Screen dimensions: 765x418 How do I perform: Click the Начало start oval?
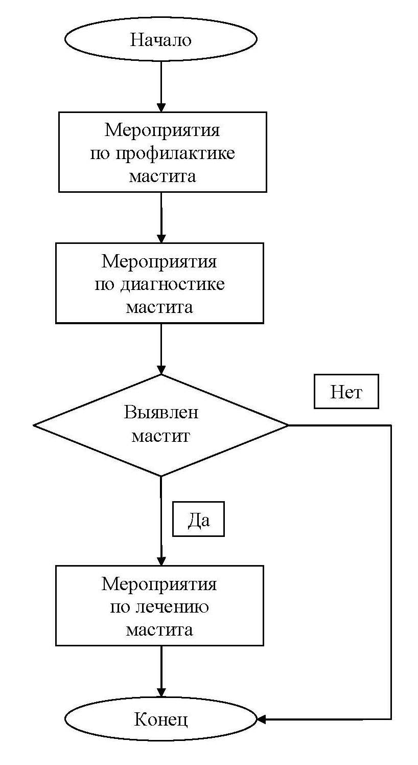(x=160, y=39)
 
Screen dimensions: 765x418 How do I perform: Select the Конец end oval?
(x=160, y=719)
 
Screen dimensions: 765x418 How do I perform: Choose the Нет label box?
(x=346, y=392)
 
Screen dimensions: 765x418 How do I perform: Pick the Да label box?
(x=198, y=519)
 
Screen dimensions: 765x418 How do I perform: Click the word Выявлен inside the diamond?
(x=160, y=413)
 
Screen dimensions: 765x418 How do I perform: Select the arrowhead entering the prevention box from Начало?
(x=161, y=107)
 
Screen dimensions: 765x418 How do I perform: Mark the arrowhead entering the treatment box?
(x=161, y=560)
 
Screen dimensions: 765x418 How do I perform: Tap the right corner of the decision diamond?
(x=288, y=425)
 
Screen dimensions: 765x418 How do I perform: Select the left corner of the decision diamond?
(x=34, y=425)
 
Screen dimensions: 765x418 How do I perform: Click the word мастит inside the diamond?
(x=160, y=436)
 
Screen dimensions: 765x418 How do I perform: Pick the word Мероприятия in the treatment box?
(x=159, y=583)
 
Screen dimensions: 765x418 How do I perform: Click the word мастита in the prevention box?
(x=162, y=176)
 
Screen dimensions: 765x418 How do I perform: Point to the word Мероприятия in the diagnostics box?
(x=159, y=261)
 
